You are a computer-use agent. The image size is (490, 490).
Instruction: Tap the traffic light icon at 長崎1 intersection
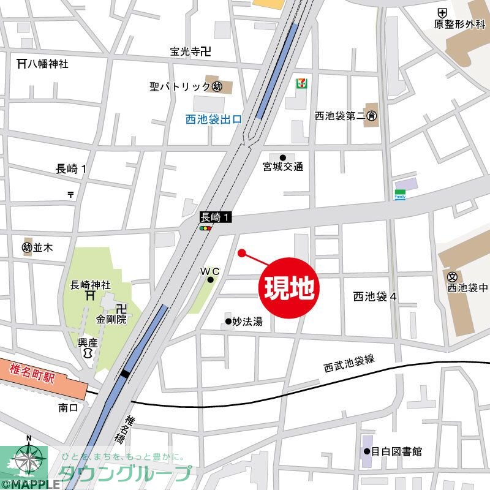click(x=206, y=228)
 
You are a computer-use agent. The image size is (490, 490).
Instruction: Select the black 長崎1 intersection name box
click(x=216, y=217)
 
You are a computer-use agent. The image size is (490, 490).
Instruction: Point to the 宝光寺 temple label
click(x=190, y=53)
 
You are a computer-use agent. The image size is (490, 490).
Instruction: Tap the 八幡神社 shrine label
click(x=42, y=62)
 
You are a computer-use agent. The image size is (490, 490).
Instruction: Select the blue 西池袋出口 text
click(x=214, y=120)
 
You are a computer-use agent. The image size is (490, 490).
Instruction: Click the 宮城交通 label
click(x=282, y=167)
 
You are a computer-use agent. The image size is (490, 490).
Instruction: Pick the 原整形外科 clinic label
click(x=460, y=24)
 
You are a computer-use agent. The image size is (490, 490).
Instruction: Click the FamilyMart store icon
click(x=400, y=194)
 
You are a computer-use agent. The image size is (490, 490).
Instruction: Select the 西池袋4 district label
click(x=375, y=296)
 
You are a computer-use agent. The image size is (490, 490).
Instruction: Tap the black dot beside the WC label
click(x=210, y=280)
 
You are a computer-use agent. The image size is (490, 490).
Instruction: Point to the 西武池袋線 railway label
click(x=349, y=364)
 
